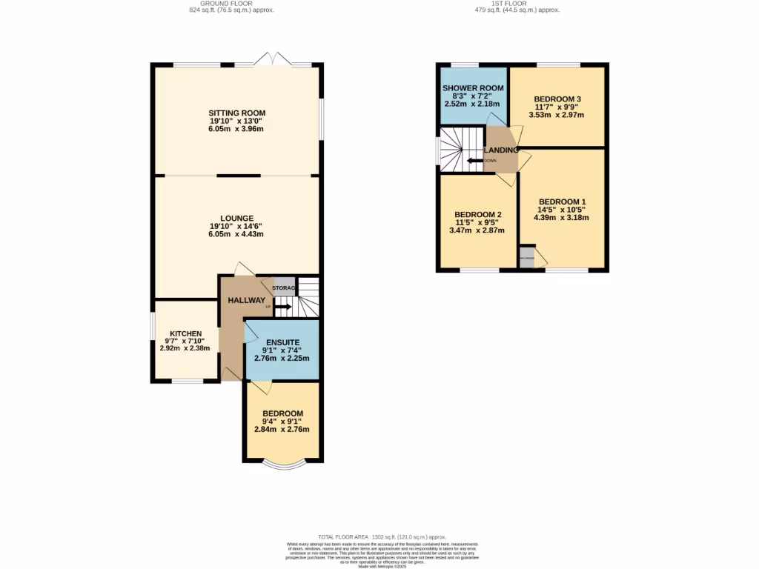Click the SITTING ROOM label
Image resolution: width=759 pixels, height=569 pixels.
pyautogui.click(x=236, y=113)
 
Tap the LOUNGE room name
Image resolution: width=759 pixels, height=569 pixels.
pyautogui.click(x=236, y=219)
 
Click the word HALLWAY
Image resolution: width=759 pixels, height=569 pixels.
pyautogui.click(x=246, y=300)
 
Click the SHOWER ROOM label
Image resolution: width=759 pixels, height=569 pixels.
pyautogui.click(x=473, y=88)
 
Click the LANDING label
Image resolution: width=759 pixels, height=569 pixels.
pyautogui.click(x=501, y=150)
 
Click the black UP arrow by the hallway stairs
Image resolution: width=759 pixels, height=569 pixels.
pyautogui.click(x=283, y=306)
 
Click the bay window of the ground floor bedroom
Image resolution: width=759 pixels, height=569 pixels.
pyautogui.click(x=284, y=465)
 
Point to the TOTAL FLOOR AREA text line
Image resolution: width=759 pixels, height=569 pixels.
pyautogui.click(x=381, y=536)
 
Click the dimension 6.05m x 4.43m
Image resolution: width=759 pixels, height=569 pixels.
pyautogui.click(x=236, y=234)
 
